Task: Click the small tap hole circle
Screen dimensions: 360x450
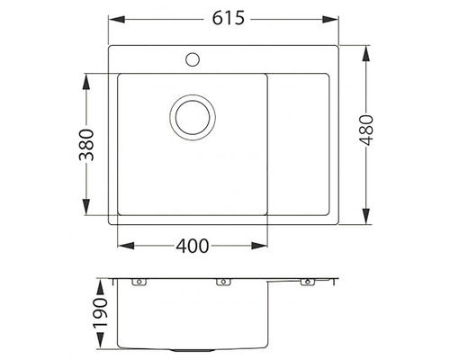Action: pos(192,61)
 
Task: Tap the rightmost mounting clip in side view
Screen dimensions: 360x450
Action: pos(304,283)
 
